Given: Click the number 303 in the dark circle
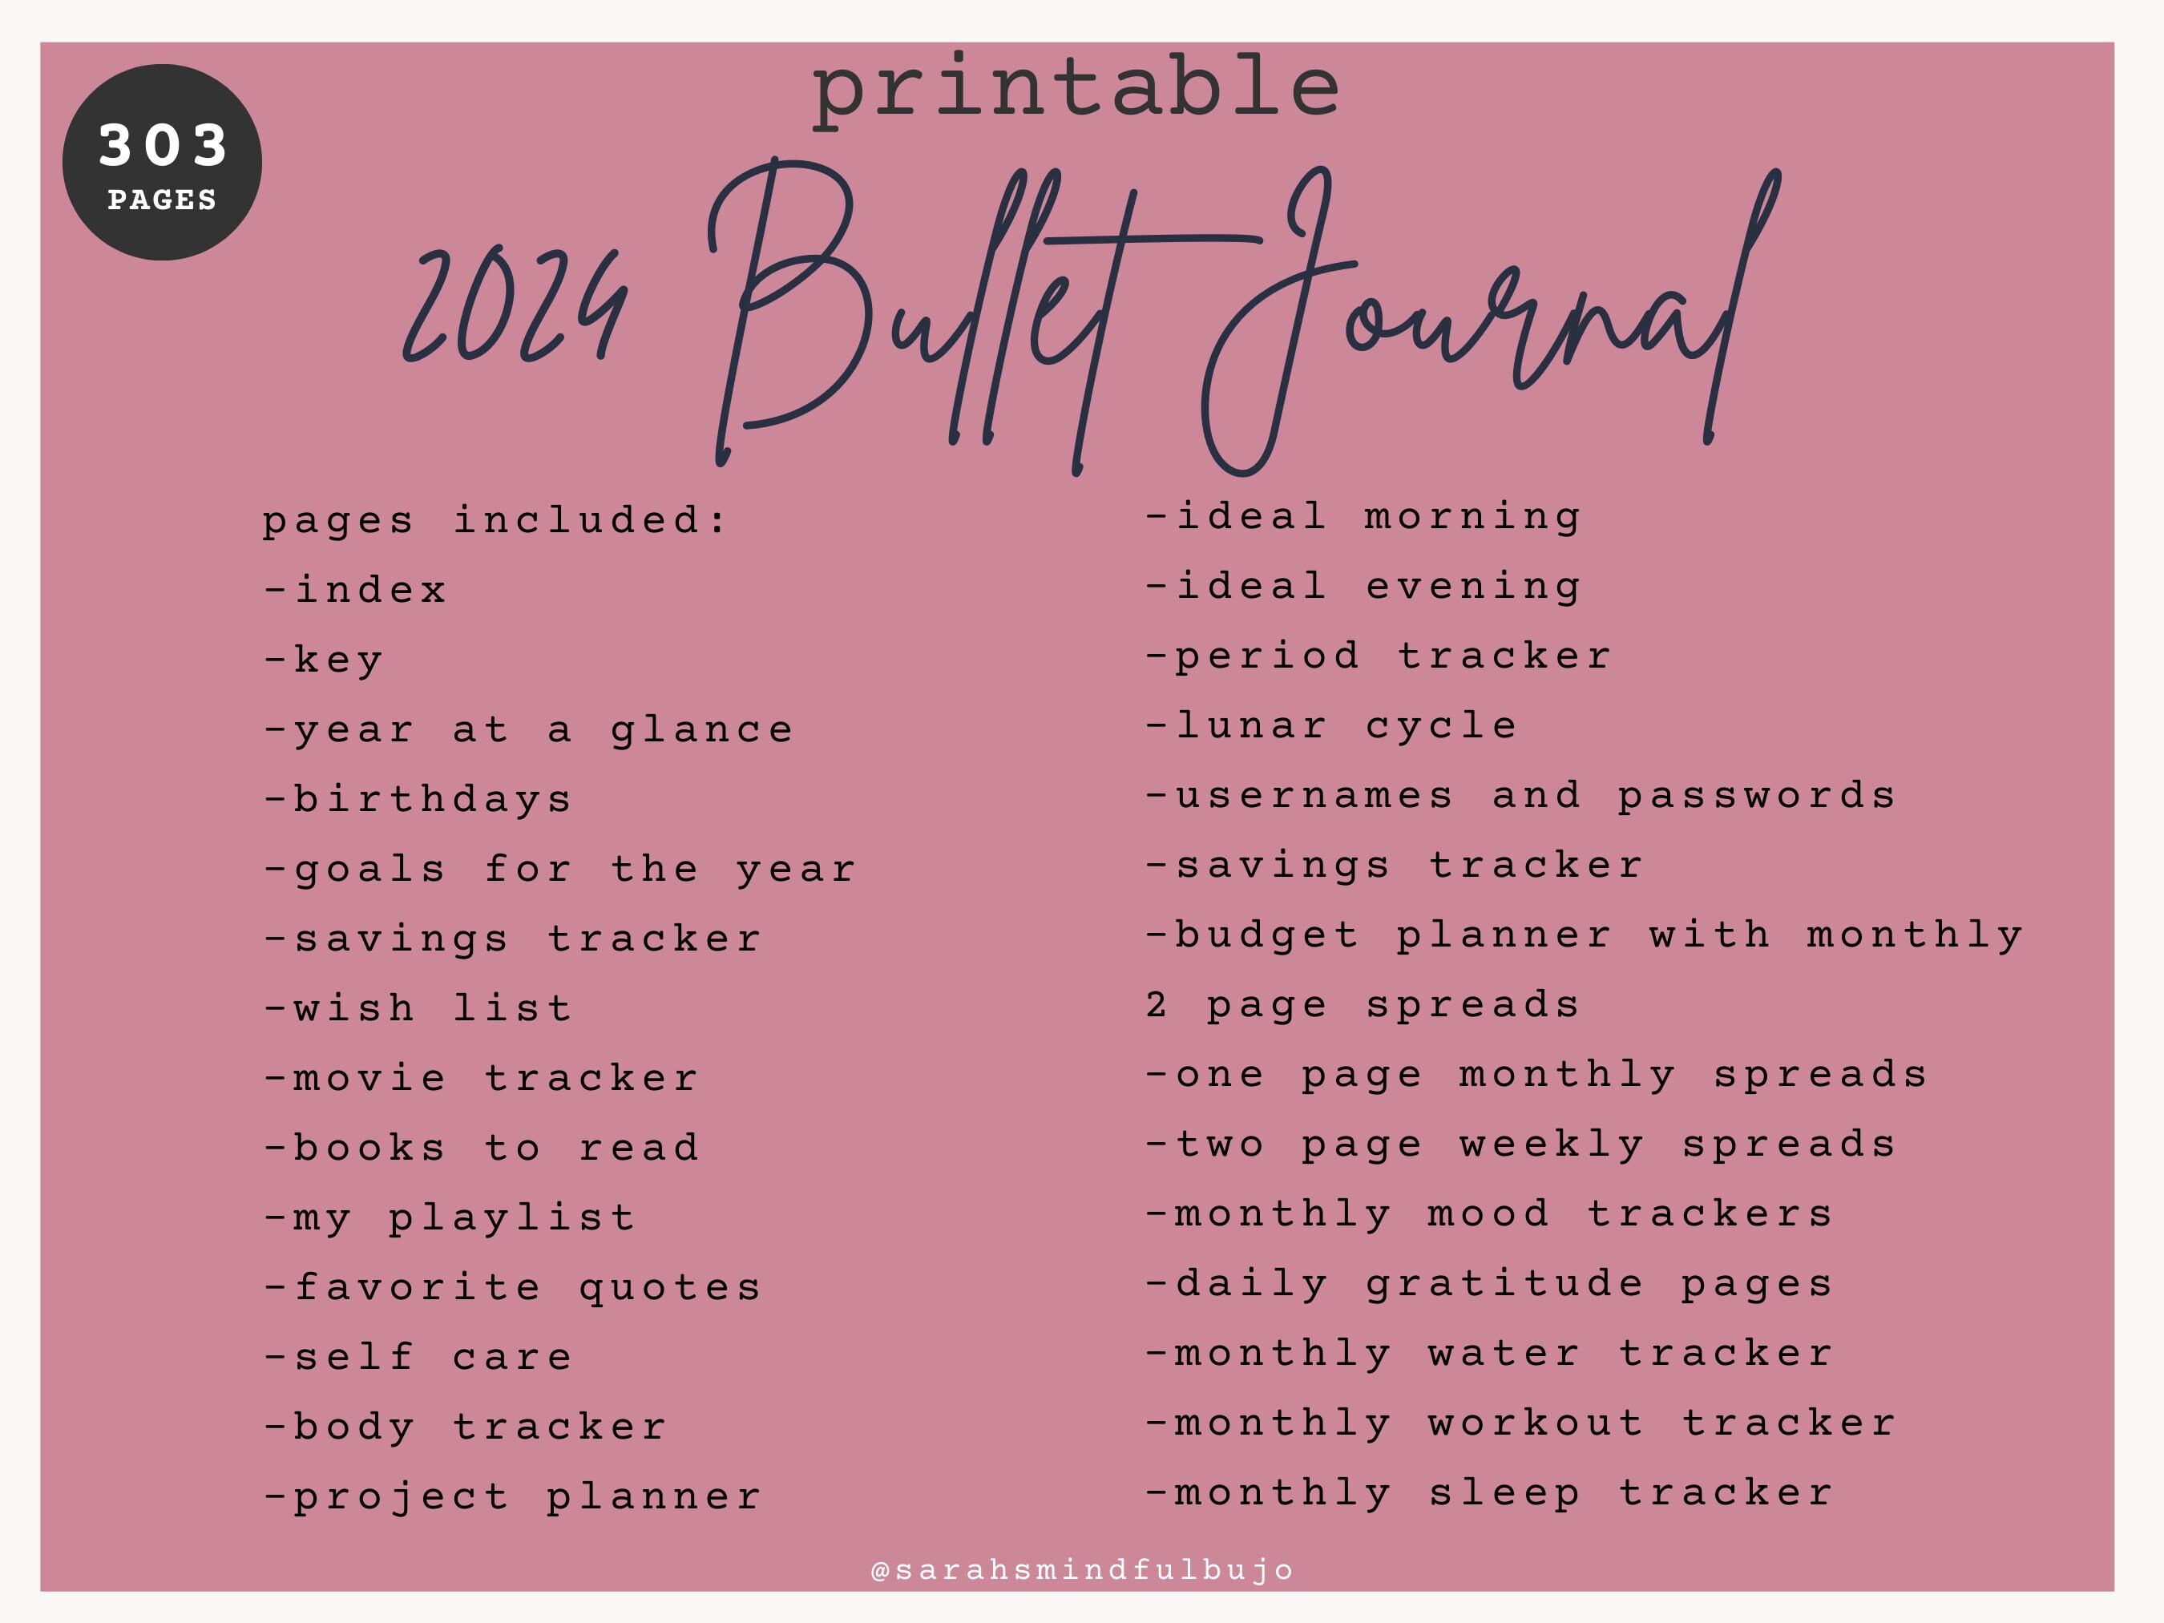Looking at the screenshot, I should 163,145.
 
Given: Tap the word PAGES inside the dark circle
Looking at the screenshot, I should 163,200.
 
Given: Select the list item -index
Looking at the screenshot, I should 355,590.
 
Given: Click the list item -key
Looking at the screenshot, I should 323,660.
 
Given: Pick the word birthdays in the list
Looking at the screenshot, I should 434,800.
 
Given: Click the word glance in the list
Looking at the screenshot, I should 701,731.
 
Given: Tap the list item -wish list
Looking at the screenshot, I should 418,1008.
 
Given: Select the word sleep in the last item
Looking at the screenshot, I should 1504,1494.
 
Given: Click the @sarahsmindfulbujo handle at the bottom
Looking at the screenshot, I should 1082,1570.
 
